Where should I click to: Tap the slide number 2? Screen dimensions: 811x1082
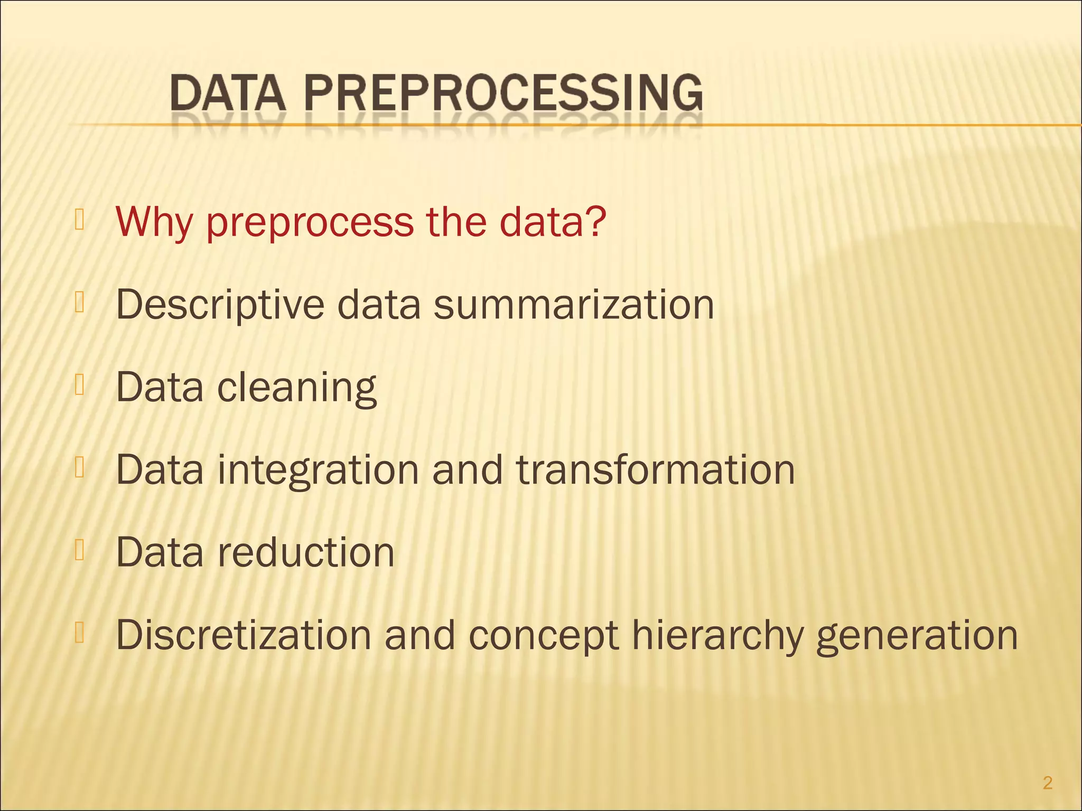coord(1048,782)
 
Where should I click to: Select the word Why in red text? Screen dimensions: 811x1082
coord(154,222)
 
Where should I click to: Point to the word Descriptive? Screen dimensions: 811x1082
coord(220,305)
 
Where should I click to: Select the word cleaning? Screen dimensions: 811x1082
coord(297,388)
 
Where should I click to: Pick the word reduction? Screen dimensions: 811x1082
coord(306,552)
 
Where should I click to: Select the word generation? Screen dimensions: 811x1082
coord(917,635)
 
